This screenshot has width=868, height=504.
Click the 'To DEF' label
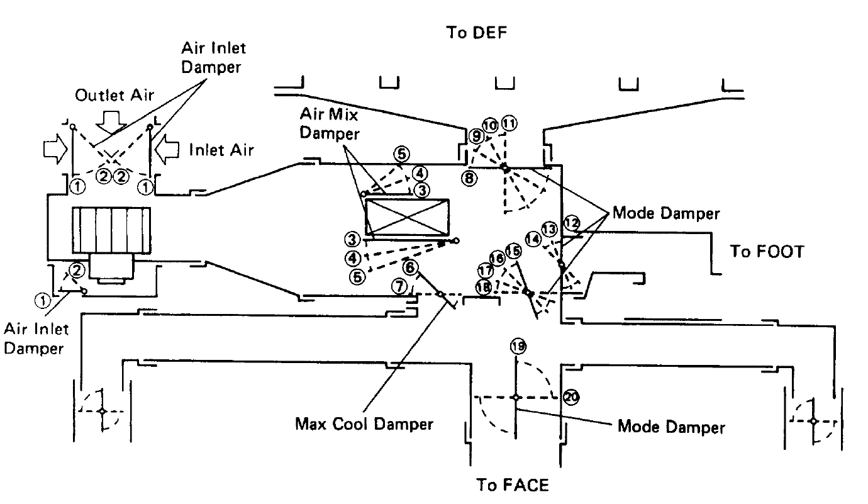pyautogui.click(x=477, y=33)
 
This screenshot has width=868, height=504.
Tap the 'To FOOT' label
pyautogui.click(x=767, y=252)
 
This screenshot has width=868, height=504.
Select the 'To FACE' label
pyautogui.click(x=512, y=485)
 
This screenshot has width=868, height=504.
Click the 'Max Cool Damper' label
pyautogui.click(x=364, y=423)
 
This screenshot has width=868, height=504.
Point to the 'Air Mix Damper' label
pyautogui.click(x=330, y=124)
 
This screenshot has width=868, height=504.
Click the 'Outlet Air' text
pyautogui.click(x=114, y=96)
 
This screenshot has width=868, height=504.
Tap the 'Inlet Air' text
pyautogui.click(x=221, y=150)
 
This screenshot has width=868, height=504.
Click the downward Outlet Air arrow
pyautogui.click(x=111, y=123)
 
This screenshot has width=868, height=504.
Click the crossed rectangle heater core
pyautogui.click(x=407, y=218)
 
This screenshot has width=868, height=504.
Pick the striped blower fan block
pyautogui.click(x=111, y=230)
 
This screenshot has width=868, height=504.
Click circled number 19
pyautogui.click(x=518, y=346)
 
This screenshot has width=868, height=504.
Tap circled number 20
pyautogui.click(x=570, y=397)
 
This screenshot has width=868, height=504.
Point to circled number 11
pyautogui.click(x=509, y=123)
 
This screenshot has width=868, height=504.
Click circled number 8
pyautogui.click(x=469, y=178)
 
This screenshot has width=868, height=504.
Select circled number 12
pyautogui.click(x=572, y=223)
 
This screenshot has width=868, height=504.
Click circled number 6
pyautogui.click(x=410, y=267)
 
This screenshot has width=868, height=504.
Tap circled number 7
pyautogui.click(x=399, y=286)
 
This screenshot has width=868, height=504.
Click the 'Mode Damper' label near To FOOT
pyautogui.click(x=665, y=213)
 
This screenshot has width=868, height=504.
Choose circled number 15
pyautogui.click(x=514, y=251)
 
